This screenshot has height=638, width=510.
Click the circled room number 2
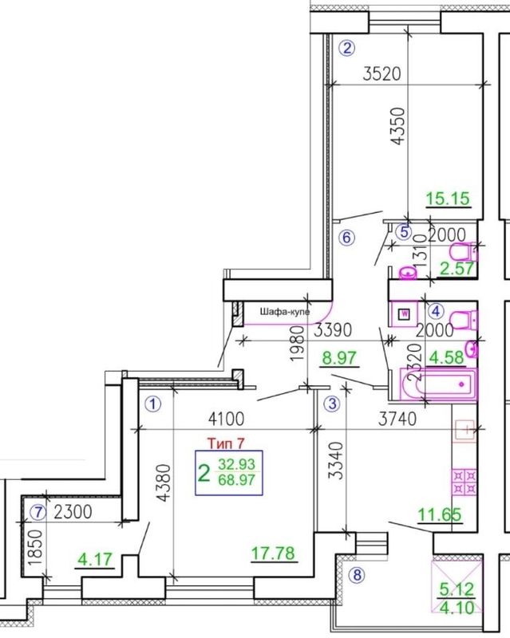(x=346, y=49)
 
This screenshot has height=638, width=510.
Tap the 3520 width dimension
(x=382, y=73)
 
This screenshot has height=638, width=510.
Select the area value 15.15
(x=448, y=199)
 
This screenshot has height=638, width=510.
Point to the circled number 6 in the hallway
(x=346, y=237)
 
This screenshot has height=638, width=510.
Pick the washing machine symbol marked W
(x=405, y=313)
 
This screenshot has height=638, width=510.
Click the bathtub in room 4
(x=438, y=384)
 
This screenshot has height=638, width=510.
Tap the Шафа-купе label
(x=285, y=312)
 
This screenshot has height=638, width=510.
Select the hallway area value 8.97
(x=339, y=358)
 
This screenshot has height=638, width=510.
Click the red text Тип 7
(x=226, y=443)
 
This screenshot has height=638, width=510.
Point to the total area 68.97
(x=237, y=480)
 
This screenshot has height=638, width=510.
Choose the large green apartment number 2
(x=204, y=473)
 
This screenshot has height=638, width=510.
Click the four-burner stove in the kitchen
(x=464, y=482)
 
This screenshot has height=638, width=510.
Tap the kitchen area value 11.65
(x=440, y=514)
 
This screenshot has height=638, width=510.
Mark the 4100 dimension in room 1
(x=226, y=418)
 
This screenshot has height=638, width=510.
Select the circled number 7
(x=38, y=513)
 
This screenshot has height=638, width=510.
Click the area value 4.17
(x=95, y=559)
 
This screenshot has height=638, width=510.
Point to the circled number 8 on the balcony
(x=358, y=575)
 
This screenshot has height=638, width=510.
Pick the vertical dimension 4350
(x=398, y=126)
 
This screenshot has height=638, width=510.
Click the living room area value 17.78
(x=273, y=553)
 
